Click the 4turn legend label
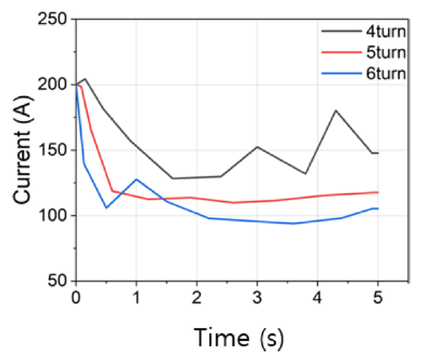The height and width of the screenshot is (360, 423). (x=385, y=32)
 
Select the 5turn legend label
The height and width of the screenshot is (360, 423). (x=385, y=53)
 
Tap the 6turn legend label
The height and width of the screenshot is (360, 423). (x=385, y=74)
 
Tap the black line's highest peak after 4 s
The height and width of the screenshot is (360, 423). (x=336, y=110)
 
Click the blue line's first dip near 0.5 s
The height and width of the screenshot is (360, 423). (x=106, y=208)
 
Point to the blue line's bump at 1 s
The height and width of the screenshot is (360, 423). (x=136, y=179)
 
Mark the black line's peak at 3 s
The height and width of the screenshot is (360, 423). (x=257, y=147)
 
